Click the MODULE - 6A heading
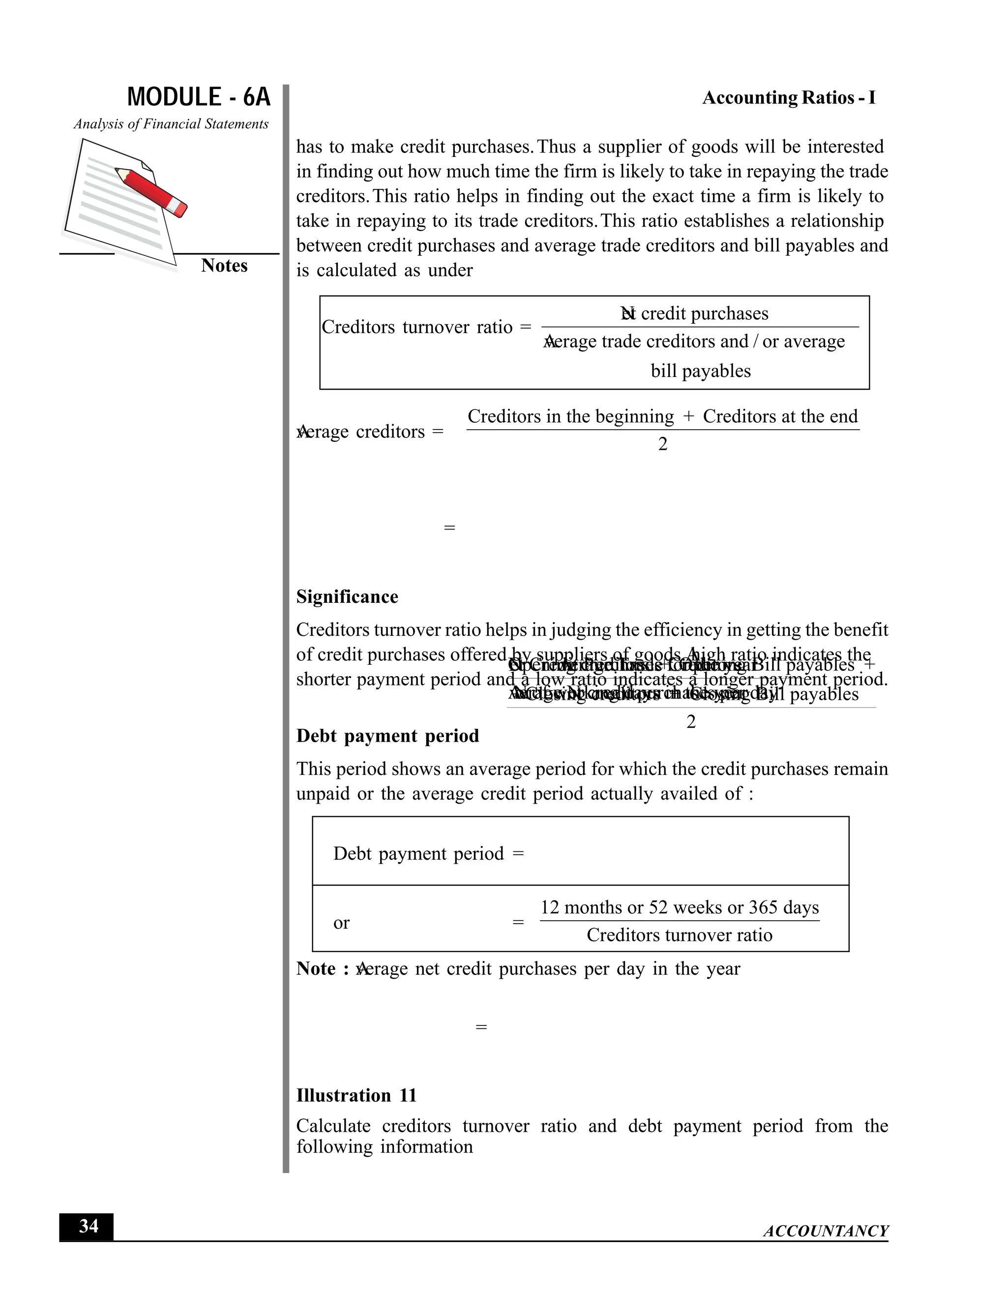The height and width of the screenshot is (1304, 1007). pos(199,97)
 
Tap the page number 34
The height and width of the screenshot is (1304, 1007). pos(89,1226)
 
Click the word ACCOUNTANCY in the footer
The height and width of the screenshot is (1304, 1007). pos(826,1231)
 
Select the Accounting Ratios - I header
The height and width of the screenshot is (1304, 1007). pos(789,98)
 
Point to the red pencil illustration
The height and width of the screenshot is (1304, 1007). pos(152,191)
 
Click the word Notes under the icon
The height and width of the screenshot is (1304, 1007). pos(224,266)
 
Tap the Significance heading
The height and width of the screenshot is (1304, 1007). pos(347,596)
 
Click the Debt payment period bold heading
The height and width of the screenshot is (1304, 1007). pos(387,736)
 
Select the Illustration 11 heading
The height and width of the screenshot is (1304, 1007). pos(356,1095)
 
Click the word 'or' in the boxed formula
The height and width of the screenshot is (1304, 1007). pos(341,923)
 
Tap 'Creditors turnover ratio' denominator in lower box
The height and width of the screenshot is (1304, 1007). pos(679,935)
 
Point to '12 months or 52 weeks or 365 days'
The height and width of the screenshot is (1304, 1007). pos(680,907)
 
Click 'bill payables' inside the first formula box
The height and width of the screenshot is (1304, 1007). pos(700,371)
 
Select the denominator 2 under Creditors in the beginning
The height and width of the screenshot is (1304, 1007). pos(663,444)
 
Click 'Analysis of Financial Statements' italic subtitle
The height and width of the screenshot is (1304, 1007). pos(171,124)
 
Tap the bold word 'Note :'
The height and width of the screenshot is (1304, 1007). pos(322,968)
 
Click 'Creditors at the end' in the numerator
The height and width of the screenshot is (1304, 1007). pos(780,416)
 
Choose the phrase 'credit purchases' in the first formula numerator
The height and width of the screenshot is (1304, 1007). pos(705,313)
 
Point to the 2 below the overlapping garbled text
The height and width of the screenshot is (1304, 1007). pos(691,722)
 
